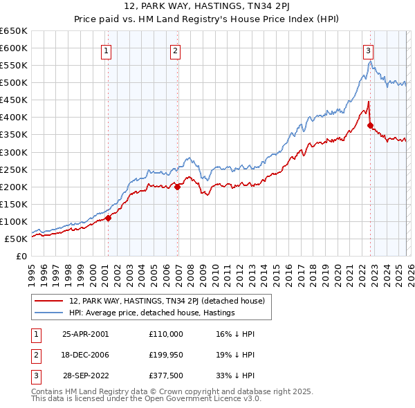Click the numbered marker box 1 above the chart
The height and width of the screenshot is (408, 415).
(107, 50)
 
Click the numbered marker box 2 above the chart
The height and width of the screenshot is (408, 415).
(176, 50)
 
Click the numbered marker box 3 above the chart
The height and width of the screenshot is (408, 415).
(368, 50)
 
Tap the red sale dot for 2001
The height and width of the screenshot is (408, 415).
(108, 218)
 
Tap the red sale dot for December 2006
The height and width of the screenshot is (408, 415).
(178, 186)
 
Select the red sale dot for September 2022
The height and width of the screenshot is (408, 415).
(371, 125)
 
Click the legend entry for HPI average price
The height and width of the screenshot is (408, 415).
(152, 313)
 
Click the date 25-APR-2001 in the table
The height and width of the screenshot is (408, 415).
(85, 333)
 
